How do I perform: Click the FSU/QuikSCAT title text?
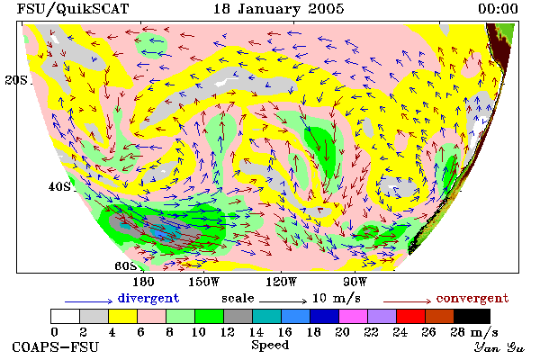point(73,9)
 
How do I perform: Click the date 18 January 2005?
point(278,9)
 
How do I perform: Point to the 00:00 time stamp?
point(498,9)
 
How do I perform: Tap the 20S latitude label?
point(16,80)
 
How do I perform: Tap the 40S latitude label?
point(59,186)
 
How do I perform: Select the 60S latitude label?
point(126,266)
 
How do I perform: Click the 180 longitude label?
point(143,282)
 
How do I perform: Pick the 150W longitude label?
point(204,282)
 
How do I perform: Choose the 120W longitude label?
point(281,282)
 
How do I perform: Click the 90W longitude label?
point(355,282)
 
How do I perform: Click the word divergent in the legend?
point(148,298)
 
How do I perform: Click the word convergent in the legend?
point(472,298)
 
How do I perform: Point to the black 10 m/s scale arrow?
point(283,301)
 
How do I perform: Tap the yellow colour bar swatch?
point(123,316)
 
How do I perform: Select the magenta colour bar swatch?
point(353,316)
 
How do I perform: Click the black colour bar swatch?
point(472,316)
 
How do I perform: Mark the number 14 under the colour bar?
point(256,332)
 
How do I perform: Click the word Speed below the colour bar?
point(270,346)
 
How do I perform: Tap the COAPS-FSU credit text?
point(56,346)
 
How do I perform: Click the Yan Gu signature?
point(499,347)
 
